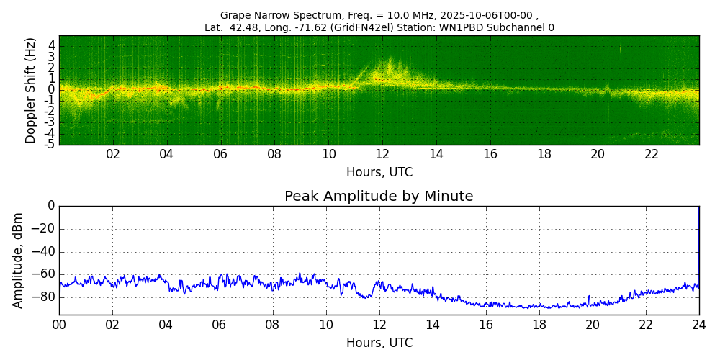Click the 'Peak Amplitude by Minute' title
click(379, 197)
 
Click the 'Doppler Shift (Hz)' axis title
click(31, 91)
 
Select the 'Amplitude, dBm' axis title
click(18, 260)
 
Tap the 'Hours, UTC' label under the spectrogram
click(379, 173)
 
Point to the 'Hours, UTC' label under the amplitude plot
click(379, 343)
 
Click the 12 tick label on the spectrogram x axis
click(382, 154)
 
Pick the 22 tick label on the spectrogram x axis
click(652, 154)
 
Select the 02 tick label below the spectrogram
click(113, 154)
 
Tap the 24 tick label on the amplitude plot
click(698, 325)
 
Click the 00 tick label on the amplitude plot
click(59, 325)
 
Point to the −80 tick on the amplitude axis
click(43, 297)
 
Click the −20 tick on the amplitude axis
click(43, 229)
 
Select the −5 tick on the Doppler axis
click(50, 143)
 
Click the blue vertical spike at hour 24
click(698, 245)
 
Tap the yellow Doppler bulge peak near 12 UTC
click(390, 60)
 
